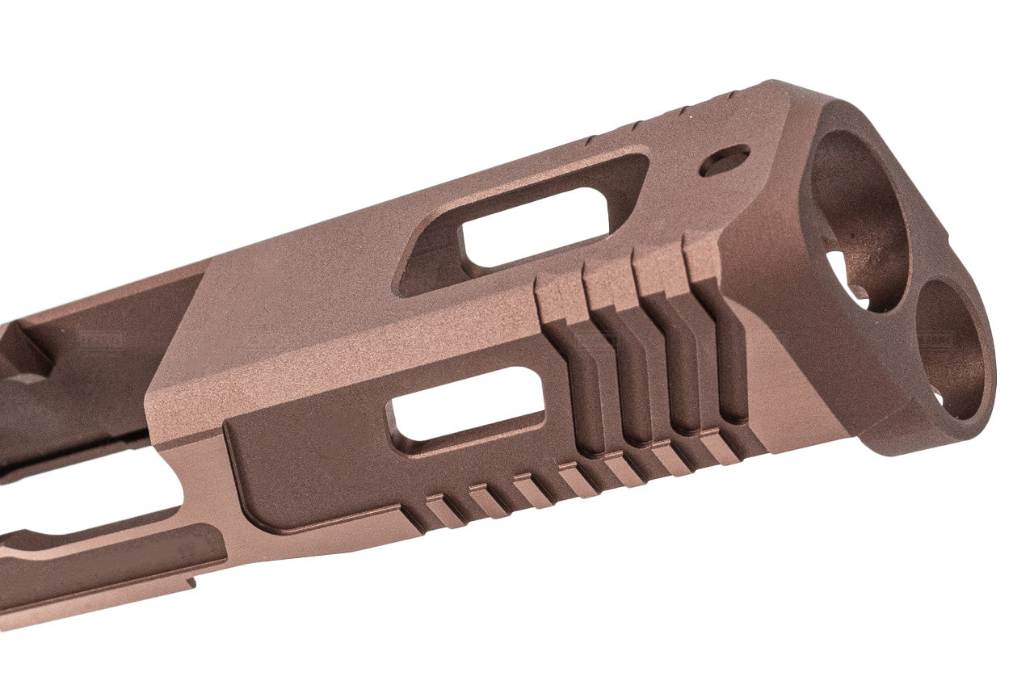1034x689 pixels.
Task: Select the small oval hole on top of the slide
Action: (x=724, y=160)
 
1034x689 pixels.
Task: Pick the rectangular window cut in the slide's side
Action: (x=467, y=405)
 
